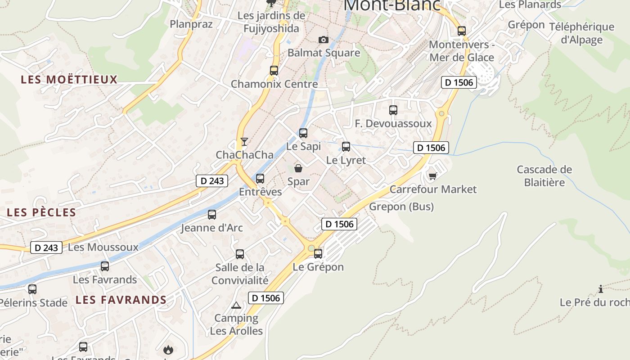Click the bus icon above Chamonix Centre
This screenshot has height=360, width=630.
[x=274, y=71]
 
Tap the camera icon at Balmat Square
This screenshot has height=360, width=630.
[x=323, y=40]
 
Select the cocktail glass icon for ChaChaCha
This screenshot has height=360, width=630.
[x=244, y=142]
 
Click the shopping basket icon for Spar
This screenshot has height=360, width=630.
[x=298, y=168]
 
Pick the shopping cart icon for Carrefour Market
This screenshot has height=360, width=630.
[x=432, y=176]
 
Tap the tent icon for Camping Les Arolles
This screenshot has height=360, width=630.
[x=236, y=306]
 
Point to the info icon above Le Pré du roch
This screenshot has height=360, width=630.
[x=600, y=289]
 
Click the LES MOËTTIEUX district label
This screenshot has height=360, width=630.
[x=69, y=80]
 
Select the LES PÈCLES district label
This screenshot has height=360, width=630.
[x=41, y=212]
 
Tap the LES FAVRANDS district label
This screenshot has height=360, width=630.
[x=121, y=300]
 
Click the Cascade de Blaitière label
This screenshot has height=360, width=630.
[x=544, y=176]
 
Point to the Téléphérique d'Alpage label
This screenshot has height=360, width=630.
[x=581, y=33]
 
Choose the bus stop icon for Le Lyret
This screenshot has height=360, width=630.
[x=346, y=147]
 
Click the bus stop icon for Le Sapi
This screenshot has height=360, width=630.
[x=303, y=133]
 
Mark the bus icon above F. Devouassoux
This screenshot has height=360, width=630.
[x=393, y=110]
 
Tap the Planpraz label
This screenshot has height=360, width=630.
[x=191, y=24]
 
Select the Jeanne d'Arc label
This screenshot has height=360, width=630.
[x=211, y=228]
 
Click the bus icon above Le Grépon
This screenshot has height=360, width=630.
[x=318, y=254]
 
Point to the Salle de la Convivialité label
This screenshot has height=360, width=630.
[x=240, y=274]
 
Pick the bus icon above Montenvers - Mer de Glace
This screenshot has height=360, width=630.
[x=462, y=31]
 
